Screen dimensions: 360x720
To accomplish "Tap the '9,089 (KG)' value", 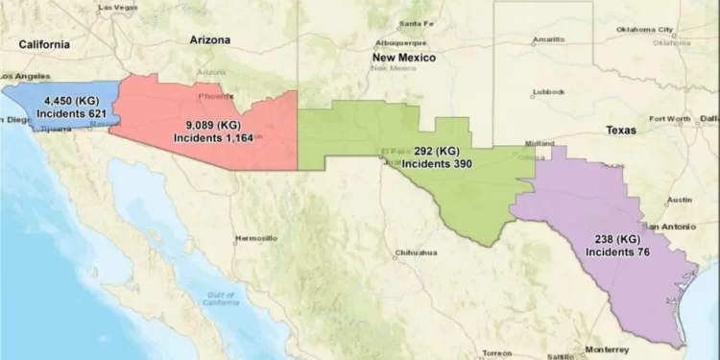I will pos(210,125).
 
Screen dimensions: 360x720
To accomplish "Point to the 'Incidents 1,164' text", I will pos(210,138).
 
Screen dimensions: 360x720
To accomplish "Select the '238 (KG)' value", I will pos(616,238).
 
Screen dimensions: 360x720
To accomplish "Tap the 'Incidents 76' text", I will pos(616,252).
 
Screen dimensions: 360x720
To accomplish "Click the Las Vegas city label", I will pos(117,7).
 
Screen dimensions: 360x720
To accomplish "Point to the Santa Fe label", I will pos(416,23).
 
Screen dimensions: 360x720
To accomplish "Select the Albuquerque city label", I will pos(400,42).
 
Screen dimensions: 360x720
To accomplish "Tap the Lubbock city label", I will pos(548,93).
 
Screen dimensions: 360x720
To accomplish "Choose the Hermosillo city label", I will pos(256,237).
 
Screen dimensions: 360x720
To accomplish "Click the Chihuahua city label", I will pos(416,253).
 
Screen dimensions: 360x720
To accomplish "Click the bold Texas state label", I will pos(621,129).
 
